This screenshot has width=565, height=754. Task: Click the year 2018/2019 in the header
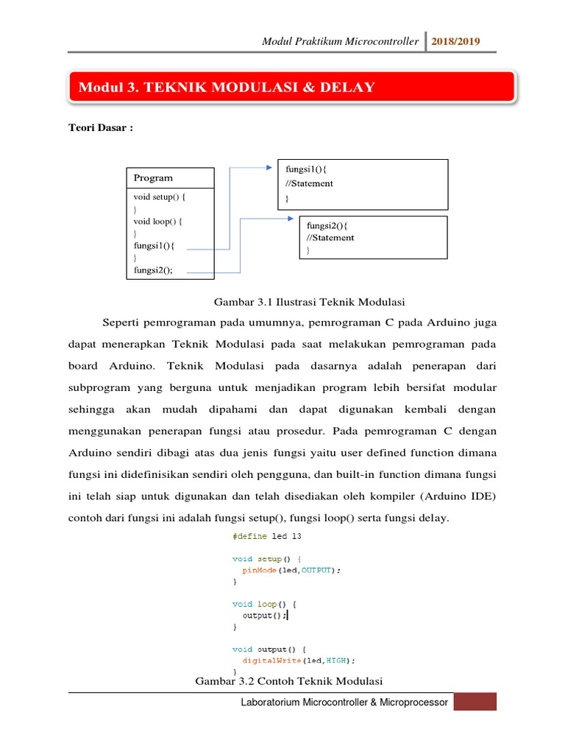click(x=456, y=41)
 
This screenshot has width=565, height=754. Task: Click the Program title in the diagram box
click(x=153, y=177)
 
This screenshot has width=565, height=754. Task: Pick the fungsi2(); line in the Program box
click(x=154, y=270)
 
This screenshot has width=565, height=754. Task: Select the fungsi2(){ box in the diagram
click(x=373, y=237)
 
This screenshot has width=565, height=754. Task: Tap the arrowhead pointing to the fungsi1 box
click(x=269, y=167)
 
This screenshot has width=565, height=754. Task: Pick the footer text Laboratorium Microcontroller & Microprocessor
click(x=344, y=703)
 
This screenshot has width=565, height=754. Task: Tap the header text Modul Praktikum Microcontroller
click(x=341, y=41)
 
